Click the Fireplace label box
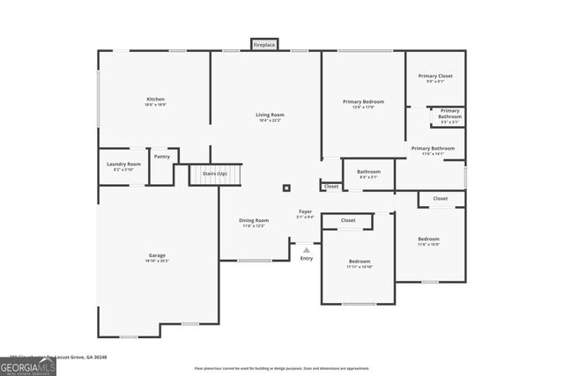click(x=264, y=44)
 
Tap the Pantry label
click(x=162, y=157)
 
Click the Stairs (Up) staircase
click(x=215, y=174)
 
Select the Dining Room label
click(x=254, y=222)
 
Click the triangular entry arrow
click(x=307, y=249)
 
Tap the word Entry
click(x=307, y=258)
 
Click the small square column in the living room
click(x=286, y=187)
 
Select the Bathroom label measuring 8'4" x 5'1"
click(x=368, y=173)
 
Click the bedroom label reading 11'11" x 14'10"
click(x=359, y=263)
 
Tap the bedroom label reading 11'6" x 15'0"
click(x=428, y=241)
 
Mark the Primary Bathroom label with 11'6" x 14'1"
click(x=432, y=151)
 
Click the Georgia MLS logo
click(x=28, y=364)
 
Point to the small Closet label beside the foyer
click(x=331, y=187)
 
